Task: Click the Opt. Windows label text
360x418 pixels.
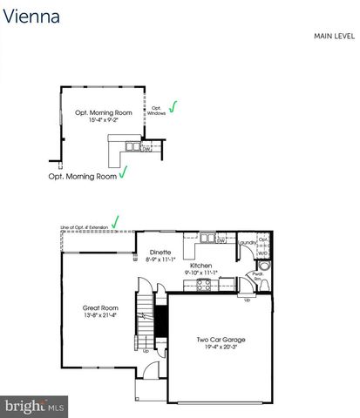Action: click(156, 111)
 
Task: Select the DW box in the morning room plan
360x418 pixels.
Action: click(147, 149)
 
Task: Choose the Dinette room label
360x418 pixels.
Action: click(160, 252)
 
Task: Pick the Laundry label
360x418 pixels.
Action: click(248, 243)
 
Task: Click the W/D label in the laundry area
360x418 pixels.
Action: click(263, 253)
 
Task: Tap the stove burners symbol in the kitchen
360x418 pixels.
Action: click(207, 285)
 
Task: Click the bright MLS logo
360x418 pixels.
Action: click(35, 406)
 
